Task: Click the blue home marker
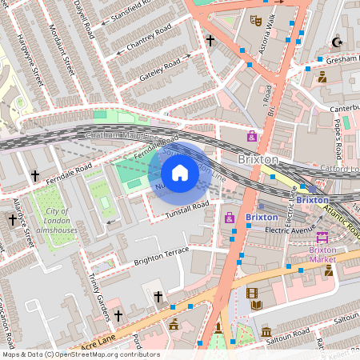pos(180,173)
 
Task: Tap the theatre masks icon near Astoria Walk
pos(256,20)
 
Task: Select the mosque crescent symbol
pos(336,42)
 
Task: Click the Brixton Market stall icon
pos(322,237)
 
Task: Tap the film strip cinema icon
pos(253,294)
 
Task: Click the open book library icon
pos(256,305)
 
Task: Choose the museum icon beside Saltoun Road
pos(266,331)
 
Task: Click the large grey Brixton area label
pos(258,159)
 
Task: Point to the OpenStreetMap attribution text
pos(81,354)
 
